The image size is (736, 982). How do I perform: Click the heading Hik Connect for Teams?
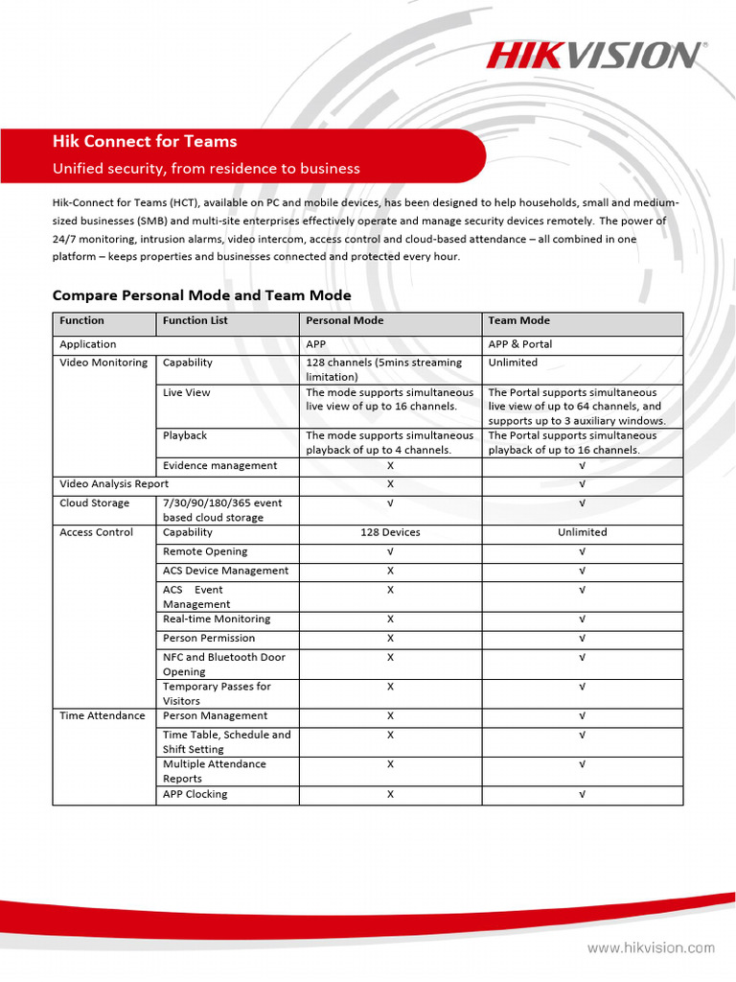tap(145, 141)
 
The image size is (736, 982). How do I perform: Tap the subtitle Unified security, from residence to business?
tap(206, 169)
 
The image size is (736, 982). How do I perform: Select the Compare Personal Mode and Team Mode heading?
tap(201, 295)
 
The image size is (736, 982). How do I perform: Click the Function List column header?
tap(195, 321)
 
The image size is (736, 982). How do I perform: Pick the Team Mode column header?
tap(518, 321)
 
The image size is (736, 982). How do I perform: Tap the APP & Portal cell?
tap(520, 344)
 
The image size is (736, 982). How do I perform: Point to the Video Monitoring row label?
tap(103, 362)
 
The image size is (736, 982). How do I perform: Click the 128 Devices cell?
tap(390, 532)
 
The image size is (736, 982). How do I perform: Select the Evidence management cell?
tap(219, 466)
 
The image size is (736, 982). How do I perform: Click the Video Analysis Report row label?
tap(114, 484)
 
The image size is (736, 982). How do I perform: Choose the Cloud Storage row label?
tap(95, 503)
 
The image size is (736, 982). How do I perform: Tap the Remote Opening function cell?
tap(205, 551)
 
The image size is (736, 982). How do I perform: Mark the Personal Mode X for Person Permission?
tap(390, 639)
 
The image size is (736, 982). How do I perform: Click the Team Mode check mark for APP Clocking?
tap(582, 795)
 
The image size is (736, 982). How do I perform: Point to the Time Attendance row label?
tap(103, 716)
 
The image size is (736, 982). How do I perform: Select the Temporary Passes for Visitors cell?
tap(217, 693)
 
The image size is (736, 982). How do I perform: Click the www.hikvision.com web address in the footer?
tap(650, 948)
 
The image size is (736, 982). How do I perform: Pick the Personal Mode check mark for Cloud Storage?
tap(390, 503)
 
